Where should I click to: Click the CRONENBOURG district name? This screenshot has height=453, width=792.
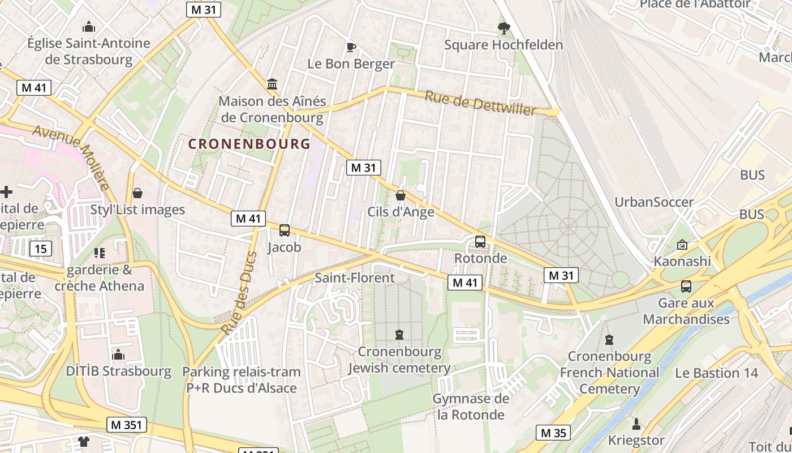pyautogui.click(x=249, y=144)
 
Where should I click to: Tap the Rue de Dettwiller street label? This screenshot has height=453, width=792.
pyautogui.click(x=480, y=104)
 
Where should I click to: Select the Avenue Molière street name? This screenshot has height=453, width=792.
pyautogui.click(x=71, y=157)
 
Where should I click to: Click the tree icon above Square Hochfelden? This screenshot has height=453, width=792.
pyautogui.click(x=503, y=28)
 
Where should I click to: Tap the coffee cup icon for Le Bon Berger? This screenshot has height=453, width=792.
pyautogui.click(x=351, y=47)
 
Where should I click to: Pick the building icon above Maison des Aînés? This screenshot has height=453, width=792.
pyautogui.click(x=272, y=84)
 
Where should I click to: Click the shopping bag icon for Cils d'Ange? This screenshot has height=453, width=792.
pyautogui.click(x=401, y=195)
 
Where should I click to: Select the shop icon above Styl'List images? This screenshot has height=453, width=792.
pyautogui.click(x=137, y=193)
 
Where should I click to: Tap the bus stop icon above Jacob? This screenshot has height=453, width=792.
pyautogui.click(x=285, y=230)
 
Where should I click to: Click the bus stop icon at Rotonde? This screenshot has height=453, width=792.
pyautogui.click(x=480, y=242)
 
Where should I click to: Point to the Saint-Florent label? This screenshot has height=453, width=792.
pyautogui.click(x=355, y=278)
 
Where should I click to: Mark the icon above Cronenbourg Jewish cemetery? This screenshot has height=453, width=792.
pyautogui.click(x=400, y=335)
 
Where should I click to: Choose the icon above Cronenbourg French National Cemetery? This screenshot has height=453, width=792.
pyautogui.click(x=609, y=340)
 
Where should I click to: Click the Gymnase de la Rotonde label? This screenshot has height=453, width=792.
pyautogui.click(x=471, y=407)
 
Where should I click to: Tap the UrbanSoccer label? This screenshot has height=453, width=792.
pyautogui.click(x=654, y=202)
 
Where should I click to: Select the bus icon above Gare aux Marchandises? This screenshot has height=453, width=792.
pyautogui.click(x=686, y=287)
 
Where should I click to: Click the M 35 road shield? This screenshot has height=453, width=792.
pyautogui.click(x=553, y=433)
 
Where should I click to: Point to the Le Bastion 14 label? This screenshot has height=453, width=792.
pyautogui.click(x=716, y=373)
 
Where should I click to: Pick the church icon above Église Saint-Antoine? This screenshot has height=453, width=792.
pyautogui.click(x=89, y=27)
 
